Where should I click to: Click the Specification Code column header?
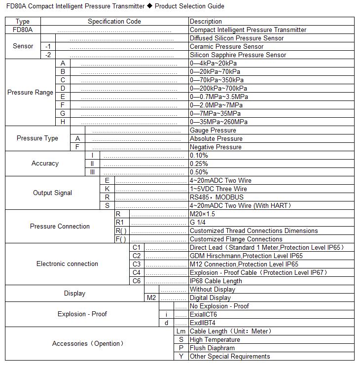(x=114, y=22)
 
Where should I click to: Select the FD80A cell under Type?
(x=23, y=30)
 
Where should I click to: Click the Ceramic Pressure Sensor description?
(x=226, y=47)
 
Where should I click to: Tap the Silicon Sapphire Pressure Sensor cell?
(x=238, y=55)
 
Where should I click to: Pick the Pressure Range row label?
(x=30, y=93)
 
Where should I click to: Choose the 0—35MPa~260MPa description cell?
(x=218, y=122)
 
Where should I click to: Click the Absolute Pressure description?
(x=216, y=139)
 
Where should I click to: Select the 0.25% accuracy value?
(x=199, y=164)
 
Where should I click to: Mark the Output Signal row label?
(x=52, y=193)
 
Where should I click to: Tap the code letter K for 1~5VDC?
(x=107, y=189)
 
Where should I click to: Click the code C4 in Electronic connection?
(x=137, y=272)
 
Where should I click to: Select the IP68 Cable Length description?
(x=216, y=281)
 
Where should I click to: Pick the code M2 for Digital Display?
(x=151, y=298)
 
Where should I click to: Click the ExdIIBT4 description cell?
(x=203, y=323)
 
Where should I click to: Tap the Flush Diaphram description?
(x=212, y=348)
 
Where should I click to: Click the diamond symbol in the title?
(x=150, y=6)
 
